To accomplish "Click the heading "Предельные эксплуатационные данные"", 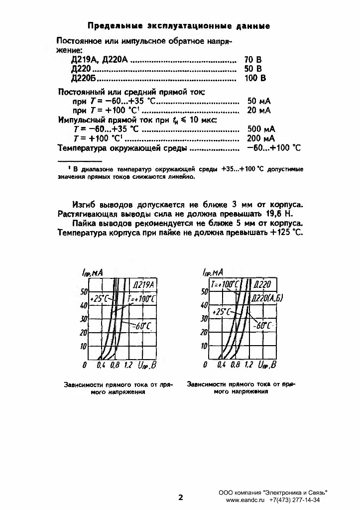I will [x=179, y=25].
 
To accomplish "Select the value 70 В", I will [x=253, y=59].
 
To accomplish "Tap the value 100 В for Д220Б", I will [x=255, y=78].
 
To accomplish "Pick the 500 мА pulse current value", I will [x=261, y=129].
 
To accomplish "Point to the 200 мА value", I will [x=261, y=138].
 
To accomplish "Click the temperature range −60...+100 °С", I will [x=273, y=148].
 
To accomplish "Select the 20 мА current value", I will [x=259, y=110].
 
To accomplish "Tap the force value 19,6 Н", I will [x=277, y=214].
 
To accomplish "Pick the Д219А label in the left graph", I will [x=144, y=285].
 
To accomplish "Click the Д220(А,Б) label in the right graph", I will [x=267, y=298].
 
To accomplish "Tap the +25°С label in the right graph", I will [x=221, y=311].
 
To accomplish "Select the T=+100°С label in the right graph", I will [x=226, y=284].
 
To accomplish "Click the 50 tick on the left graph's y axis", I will [x=84, y=291].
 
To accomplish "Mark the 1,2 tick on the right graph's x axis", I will [x=249, y=365].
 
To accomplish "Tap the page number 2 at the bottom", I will [x=181, y=497].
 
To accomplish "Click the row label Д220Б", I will [x=83, y=78].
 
